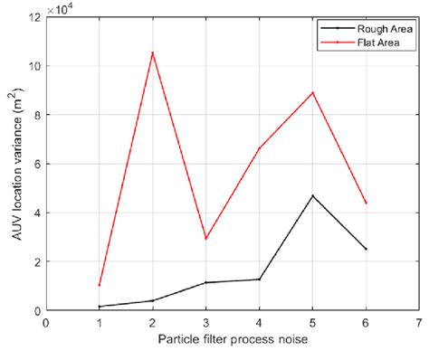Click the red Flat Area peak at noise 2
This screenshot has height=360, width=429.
[x=152, y=52]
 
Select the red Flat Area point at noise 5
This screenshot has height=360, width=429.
[x=313, y=92]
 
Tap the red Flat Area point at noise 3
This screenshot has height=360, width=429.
[x=205, y=239]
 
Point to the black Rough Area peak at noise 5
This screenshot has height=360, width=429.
[x=313, y=195]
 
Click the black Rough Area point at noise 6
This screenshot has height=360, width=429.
[x=367, y=249]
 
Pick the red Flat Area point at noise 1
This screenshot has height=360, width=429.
[x=99, y=285]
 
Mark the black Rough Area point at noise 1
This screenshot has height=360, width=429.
[x=99, y=307]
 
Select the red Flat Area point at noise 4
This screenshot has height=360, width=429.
[x=260, y=148]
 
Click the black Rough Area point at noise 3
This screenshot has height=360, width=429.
[x=205, y=282]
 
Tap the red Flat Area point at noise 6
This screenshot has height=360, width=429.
[x=367, y=203]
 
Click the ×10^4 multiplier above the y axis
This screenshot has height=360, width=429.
[x=62, y=8]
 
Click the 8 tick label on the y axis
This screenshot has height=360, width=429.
[x=35, y=115]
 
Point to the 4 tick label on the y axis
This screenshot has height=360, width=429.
[x=35, y=213]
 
